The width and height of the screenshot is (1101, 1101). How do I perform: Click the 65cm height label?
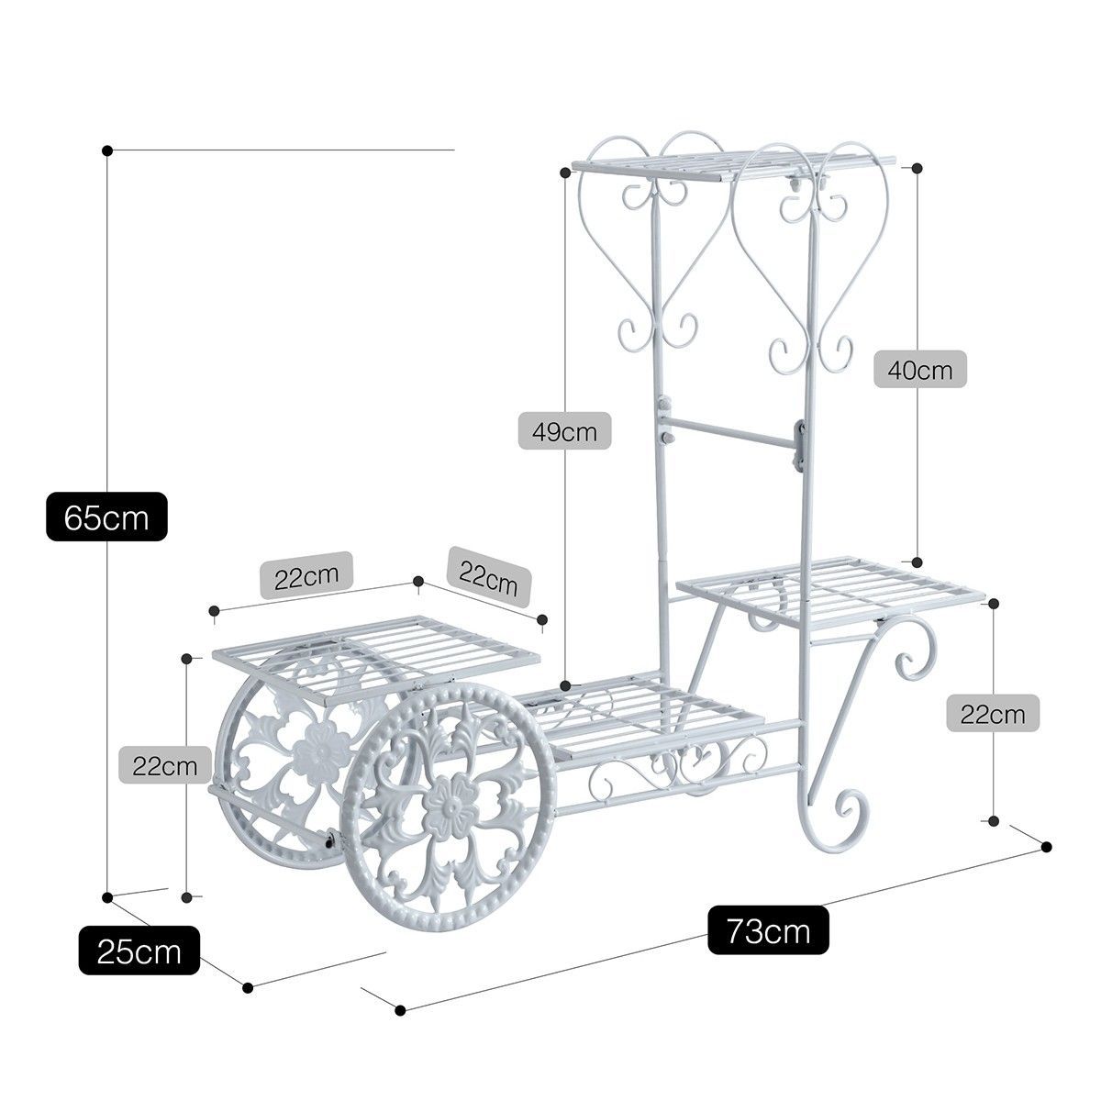pyautogui.click(x=106, y=517)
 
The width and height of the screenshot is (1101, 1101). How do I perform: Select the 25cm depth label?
pyautogui.click(x=139, y=951)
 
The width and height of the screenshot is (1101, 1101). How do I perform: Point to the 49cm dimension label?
pyautogui.click(x=564, y=431)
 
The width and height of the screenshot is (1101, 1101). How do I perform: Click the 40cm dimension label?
pyautogui.click(x=920, y=370)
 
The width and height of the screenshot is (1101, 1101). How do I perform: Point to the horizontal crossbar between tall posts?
pyautogui.click(x=733, y=433)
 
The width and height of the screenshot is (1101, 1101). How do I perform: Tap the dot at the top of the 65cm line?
pyautogui.click(x=106, y=150)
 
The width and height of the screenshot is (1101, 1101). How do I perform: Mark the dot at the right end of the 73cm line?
pyautogui.click(x=1046, y=862)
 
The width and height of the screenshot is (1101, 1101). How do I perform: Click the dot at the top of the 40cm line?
pyautogui.click(x=917, y=167)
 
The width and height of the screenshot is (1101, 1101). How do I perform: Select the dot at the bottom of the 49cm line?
pyautogui.click(x=566, y=685)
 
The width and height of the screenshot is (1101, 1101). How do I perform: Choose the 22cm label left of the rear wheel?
pyautogui.click(x=164, y=765)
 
